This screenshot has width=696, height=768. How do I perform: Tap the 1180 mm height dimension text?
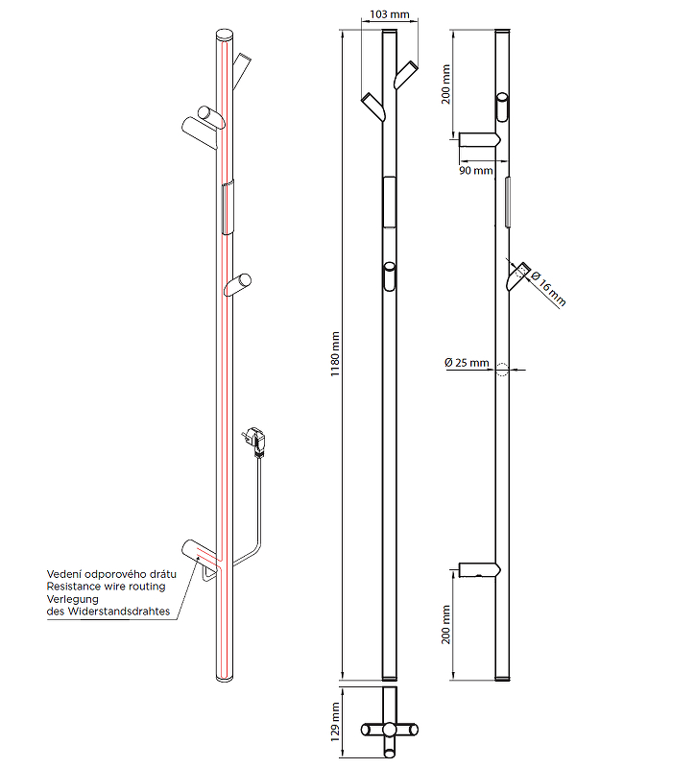tap(336, 356)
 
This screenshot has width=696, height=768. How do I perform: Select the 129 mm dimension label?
tap(336, 717)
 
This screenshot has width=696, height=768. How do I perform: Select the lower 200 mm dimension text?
tap(446, 623)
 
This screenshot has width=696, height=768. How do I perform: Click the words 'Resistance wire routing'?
tap(106, 586)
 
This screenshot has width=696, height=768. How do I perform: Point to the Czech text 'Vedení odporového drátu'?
tap(107, 573)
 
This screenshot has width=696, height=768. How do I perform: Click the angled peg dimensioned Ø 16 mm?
tap(518, 276)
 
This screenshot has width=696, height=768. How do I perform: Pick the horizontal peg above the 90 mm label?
tap(478, 141)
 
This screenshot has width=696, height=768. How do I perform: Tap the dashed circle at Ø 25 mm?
tap(501, 370)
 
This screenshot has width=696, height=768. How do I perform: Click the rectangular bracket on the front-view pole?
tap(389, 202)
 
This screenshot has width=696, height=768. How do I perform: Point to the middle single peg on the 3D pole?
tap(237, 285)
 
